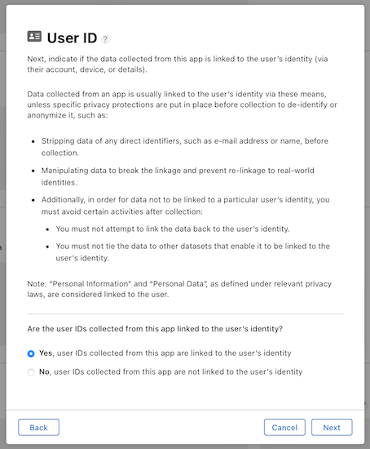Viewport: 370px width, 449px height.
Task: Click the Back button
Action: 38,427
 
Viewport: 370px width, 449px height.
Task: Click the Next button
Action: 332,427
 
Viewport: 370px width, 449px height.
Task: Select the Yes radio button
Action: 31,353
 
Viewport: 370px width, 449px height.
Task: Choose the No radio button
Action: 31,372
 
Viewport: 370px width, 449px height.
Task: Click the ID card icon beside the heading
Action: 34,37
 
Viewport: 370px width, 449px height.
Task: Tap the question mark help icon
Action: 105,39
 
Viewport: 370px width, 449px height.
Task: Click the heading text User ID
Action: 73,38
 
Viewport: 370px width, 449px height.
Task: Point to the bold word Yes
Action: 46,353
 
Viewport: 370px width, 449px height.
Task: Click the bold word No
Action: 45,372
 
